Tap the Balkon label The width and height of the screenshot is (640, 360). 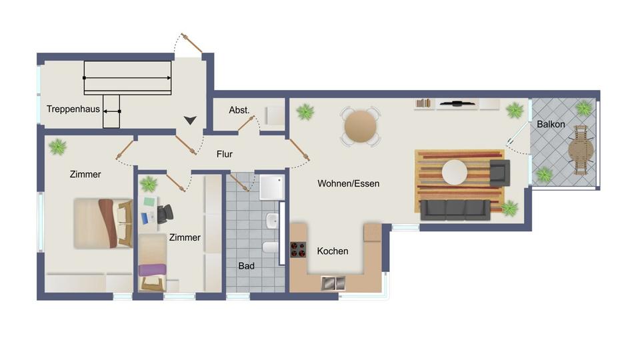point(551,125)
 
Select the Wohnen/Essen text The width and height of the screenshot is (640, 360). point(348,183)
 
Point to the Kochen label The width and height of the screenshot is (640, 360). point(332,251)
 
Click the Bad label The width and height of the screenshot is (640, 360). point(247,266)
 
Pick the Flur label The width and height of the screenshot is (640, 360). point(225,154)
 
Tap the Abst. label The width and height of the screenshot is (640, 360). point(239,110)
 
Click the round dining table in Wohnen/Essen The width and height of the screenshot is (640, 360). point(361,126)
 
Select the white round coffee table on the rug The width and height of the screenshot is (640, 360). point(455,172)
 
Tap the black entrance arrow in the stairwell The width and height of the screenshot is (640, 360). point(191,120)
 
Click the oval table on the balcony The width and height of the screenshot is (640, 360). point(581,151)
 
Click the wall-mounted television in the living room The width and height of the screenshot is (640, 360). point(457,104)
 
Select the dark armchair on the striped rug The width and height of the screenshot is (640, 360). point(498,172)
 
